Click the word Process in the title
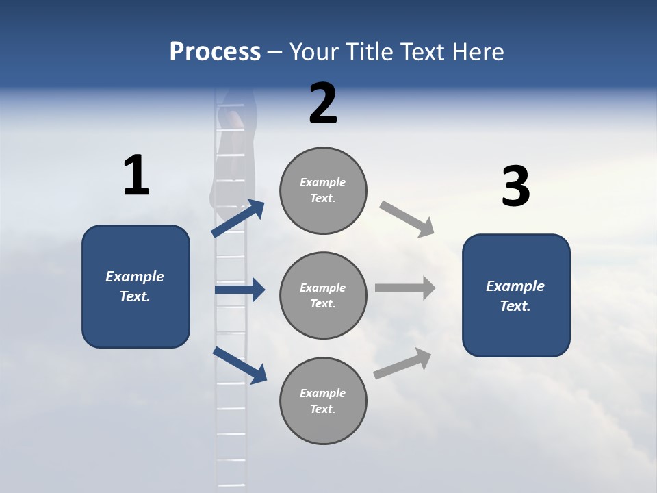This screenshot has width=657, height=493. coord(215,52)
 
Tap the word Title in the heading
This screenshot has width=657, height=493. coord(372,52)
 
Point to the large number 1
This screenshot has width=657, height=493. coord(136,176)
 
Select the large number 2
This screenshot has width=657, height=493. coord(323,103)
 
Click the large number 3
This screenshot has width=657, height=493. coord(515,187)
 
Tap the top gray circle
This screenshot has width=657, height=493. coord(323,190)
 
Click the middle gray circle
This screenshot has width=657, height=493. coord(323,296)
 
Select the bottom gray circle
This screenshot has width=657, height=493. coord(323,401)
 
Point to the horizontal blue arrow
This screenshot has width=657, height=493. coord(240,290)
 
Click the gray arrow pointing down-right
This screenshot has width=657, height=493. coord(407,219)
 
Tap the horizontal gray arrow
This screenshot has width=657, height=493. coord(405,288)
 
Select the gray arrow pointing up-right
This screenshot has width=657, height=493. coord(402,364)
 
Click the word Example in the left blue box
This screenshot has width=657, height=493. coord(135,277)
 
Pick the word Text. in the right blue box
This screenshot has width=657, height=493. coord(515,306)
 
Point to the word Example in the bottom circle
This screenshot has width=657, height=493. coord(323,393)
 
